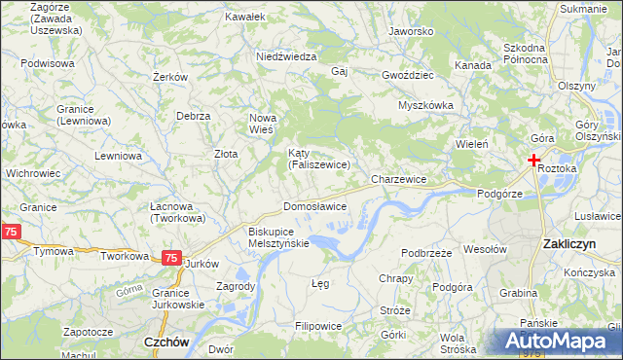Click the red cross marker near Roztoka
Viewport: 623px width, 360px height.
(x=534, y=160)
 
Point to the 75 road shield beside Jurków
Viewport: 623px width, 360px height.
(x=170, y=258)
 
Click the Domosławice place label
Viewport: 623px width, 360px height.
(x=314, y=206)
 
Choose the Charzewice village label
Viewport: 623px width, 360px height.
(x=399, y=180)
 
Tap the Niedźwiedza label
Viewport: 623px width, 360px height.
(x=286, y=56)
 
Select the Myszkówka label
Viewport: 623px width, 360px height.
(x=426, y=106)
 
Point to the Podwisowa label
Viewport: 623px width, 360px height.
(x=48, y=63)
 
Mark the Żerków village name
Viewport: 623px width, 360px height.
(x=169, y=76)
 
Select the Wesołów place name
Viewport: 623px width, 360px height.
(x=486, y=249)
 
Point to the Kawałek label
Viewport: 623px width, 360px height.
(x=244, y=18)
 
